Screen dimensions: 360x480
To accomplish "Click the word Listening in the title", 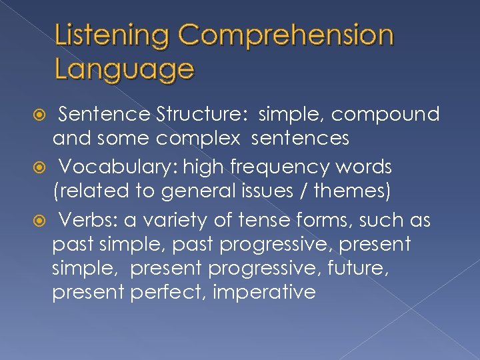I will coord(113,36).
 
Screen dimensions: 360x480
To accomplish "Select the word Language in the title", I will coord(125,68).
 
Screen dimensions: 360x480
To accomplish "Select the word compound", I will coord(385,115).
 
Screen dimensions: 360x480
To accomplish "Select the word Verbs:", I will coord(83,220).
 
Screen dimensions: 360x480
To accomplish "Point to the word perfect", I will coord(171,292).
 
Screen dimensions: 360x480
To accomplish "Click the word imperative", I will coord(265,292).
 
